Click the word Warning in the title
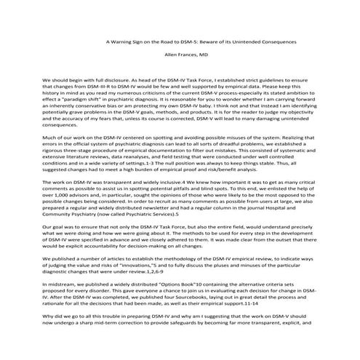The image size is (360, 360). tap(128, 41)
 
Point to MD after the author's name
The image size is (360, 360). tap(203, 55)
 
